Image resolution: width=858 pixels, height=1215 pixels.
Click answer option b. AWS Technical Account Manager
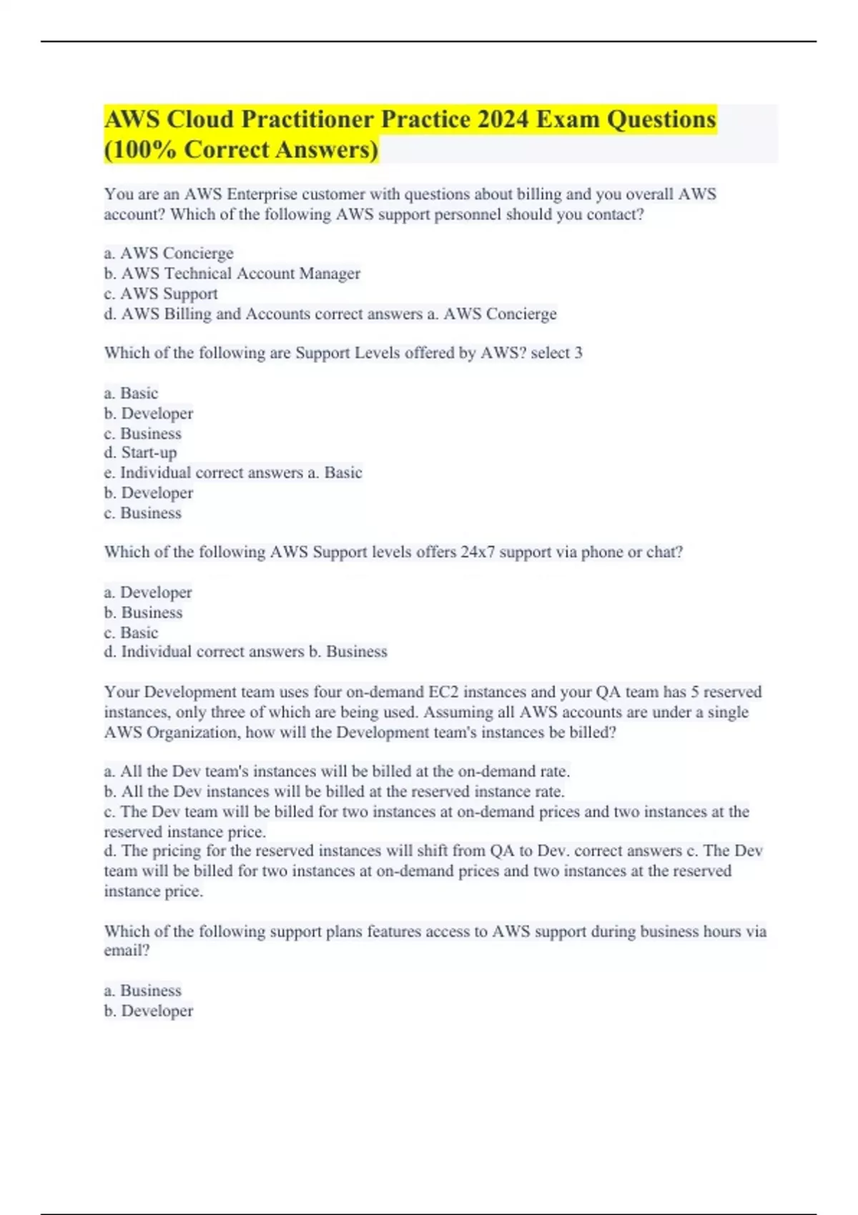pyautogui.click(x=232, y=273)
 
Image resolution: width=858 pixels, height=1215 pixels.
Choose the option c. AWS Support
pyautogui.click(x=161, y=293)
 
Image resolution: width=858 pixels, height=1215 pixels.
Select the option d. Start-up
pyautogui.click(x=140, y=452)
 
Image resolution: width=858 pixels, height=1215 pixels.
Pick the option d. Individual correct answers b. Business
pyautogui.click(x=245, y=651)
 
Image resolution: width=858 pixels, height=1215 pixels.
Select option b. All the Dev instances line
pyautogui.click(x=334, y=791)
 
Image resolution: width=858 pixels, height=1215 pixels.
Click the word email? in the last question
pyautogui.click(x=127, y=951)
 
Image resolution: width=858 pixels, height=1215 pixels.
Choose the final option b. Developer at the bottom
pyautogui.click(x=149, y=1011)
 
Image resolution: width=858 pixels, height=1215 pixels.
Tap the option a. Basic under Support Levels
pyautogui.click(x=131, y=393)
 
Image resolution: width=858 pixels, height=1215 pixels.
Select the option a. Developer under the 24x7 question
pyautogui.click(x=148, y=592)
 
